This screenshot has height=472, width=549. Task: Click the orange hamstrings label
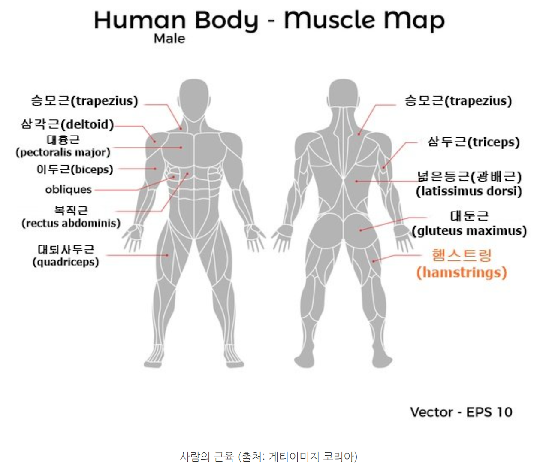click(x=462, y=263)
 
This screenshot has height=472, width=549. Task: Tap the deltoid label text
click(x=67, y=124)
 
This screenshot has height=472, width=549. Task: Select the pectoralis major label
click(x=63, y=146)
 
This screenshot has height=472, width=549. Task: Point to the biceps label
click(x=75, y=169)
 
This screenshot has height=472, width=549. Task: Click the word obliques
click(x=68, y=189)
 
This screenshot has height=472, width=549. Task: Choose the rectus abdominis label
click(x=71, y=217)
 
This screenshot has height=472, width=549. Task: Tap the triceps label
click(x=474, y=142)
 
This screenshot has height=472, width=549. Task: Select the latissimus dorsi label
click(x=469, y=184)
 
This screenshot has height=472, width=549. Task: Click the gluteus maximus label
click(x=469, y=223)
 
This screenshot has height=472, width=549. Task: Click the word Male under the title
click(x=169, y=39)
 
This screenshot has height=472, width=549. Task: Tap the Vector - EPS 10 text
click(x=461, y=412)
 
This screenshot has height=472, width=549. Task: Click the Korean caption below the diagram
click(x=268, y=456)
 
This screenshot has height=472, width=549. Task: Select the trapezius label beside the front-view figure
click(x=84, y=101)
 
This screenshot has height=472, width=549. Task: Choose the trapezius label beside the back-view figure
click(x=458, y=101)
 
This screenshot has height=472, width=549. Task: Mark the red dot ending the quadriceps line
click(x=168, y=255)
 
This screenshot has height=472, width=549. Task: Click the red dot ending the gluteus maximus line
click(x=361, y=230)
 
